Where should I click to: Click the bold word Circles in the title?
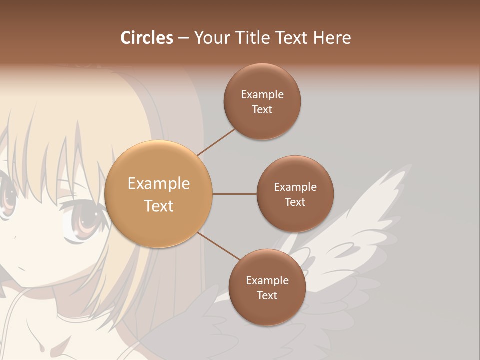[x=147, y=38]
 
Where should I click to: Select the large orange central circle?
[x=158, y=194]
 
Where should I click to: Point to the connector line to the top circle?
[x=216, y=142]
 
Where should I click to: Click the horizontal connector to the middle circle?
[x=234, y=194]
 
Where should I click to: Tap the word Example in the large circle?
[x=158, y=183]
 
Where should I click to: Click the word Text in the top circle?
[x=262, y=110]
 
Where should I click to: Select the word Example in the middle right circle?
[x=295, y=187]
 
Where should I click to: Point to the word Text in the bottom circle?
[x=267, y=295]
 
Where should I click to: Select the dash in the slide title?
[x=183, y=38]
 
